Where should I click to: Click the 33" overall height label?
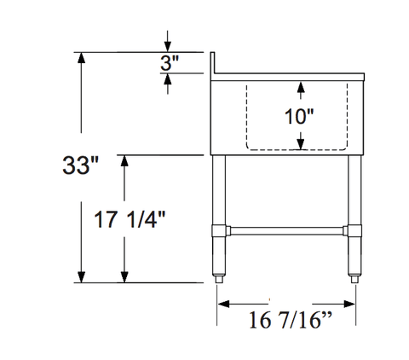pos(80,165)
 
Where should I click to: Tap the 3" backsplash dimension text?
pos(170,63)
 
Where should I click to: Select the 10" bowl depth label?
pos(299,116)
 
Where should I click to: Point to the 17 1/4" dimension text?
pos(130,219)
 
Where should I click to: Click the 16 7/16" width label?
pos(291,320)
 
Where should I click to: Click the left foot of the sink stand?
pos(219,279)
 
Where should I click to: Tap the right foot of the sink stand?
pos(354,279)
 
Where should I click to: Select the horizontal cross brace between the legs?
pos(287,230)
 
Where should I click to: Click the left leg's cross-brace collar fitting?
pos(221,230)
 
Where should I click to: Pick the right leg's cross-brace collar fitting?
pos(353,230)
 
